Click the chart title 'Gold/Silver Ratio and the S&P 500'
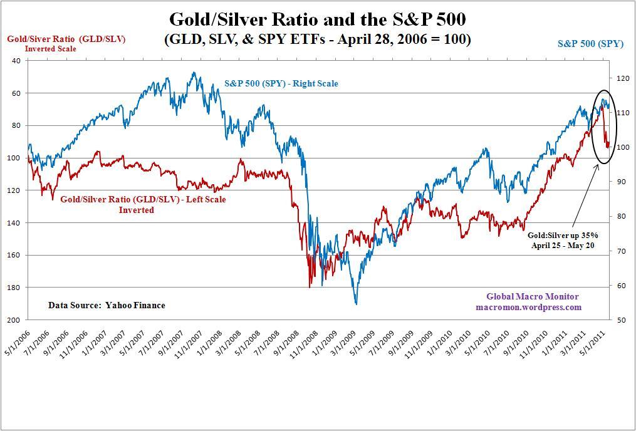(x=317, y=18)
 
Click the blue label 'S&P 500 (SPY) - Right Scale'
(x=281, y=83)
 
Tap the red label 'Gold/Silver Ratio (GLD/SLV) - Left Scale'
(x=143, y=200)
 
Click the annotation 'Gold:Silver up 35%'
(x=563, y=235)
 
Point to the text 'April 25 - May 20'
(x=562, y=246)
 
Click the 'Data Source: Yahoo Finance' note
(x=107, y=305)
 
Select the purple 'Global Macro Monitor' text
(x=533, y=296)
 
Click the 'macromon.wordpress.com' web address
(x=528, y=307)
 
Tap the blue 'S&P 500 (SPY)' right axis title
(x=590, y=44)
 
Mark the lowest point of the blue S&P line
(x=356, y=304)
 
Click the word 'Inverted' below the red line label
(x=137, y=210)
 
